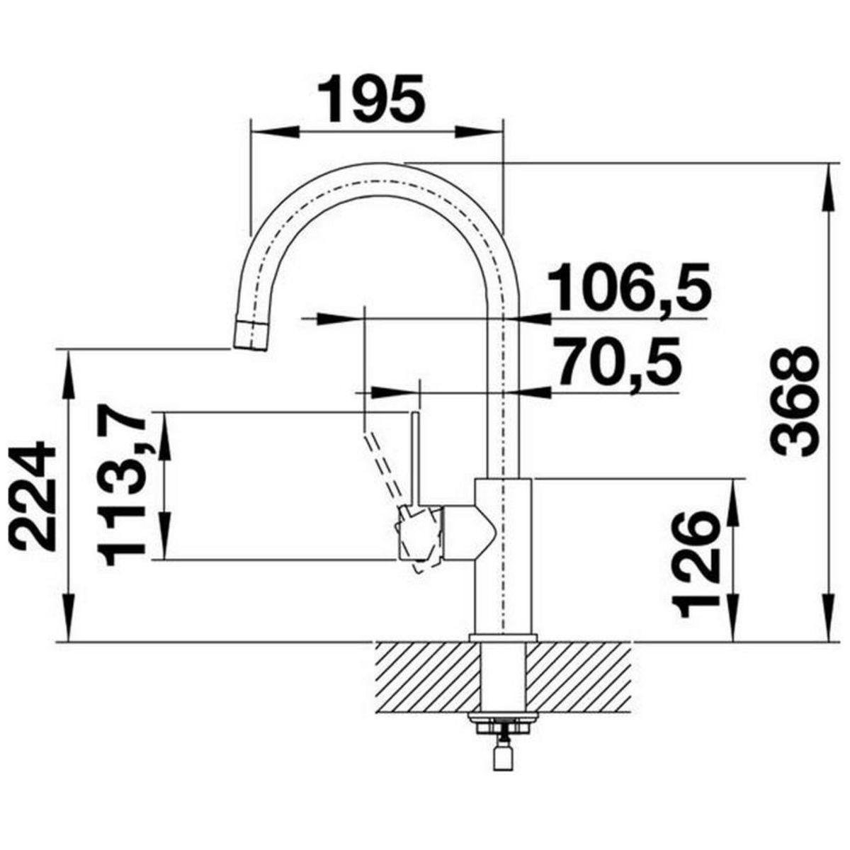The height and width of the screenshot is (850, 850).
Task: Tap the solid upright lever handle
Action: pos(415,459)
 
